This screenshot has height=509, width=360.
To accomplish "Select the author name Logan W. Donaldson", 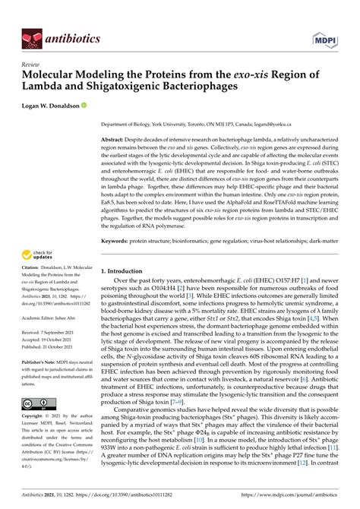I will pyautogui.click(x=56, y=106).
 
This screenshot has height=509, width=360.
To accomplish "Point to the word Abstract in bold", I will pyautogui.click(x=115, y=141).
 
